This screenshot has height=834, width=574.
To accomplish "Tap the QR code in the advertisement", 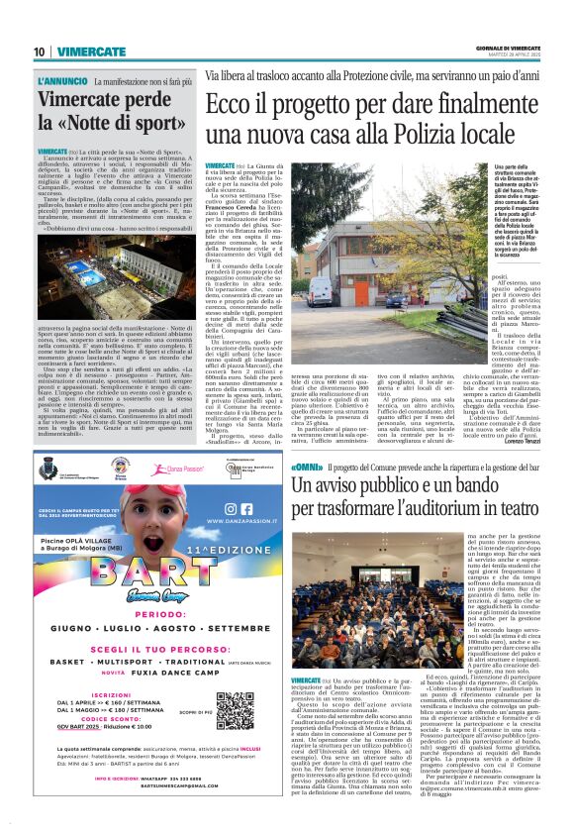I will coord(235,710).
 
